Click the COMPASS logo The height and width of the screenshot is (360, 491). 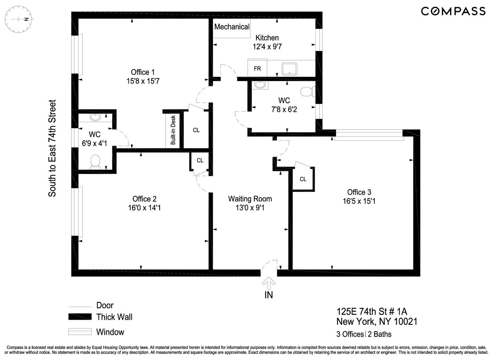click(x=453, y=11)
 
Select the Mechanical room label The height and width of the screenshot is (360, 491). click(x=231, y=27)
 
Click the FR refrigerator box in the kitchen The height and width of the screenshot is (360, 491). click(x=257, y=68)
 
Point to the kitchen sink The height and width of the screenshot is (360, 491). click(x=289, y=68)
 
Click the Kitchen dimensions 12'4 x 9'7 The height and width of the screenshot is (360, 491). click(x=267, y=46)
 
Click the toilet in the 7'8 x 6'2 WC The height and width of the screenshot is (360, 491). click(x=307, y=91)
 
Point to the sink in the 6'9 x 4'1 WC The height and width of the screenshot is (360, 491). click(x=95, y=117)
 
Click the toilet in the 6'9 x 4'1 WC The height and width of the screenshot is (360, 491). click(x=95, y=161)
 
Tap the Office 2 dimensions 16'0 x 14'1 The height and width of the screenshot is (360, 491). click(x=144, y=208)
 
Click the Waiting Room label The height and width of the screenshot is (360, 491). click(x=250, y=199)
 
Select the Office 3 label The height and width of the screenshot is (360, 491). click(x=359, y=192)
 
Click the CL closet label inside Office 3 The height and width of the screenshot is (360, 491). click(x=303, y=179)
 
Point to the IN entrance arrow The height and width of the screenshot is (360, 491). click(x=269, y=283)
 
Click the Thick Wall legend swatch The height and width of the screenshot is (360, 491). click(x=80, y=317)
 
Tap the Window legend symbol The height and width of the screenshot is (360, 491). click(x=80, y=332)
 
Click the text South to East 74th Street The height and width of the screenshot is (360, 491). click(x=53, y=148)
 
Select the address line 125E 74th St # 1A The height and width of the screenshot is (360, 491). click(x=371, y=311)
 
